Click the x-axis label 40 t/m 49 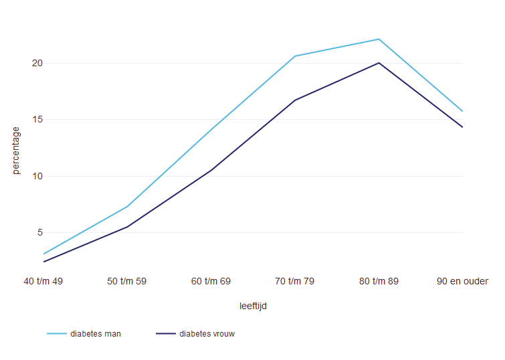coord(43,282)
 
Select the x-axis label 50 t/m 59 coord(127,282)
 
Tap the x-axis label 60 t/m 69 coord(211,282)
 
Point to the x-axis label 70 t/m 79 coord(295,282)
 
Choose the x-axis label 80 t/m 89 coord(379,282)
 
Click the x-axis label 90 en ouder coord(462,282)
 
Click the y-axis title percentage coord(17,151)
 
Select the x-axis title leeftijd coord(253,306)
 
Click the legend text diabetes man coord(96,334)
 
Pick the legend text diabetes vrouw coord(207,334)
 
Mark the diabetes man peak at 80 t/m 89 coord(379,39)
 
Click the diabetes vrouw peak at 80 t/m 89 coord(379,63)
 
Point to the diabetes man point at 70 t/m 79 coord(295,56)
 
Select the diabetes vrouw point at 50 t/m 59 coord(127,227)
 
